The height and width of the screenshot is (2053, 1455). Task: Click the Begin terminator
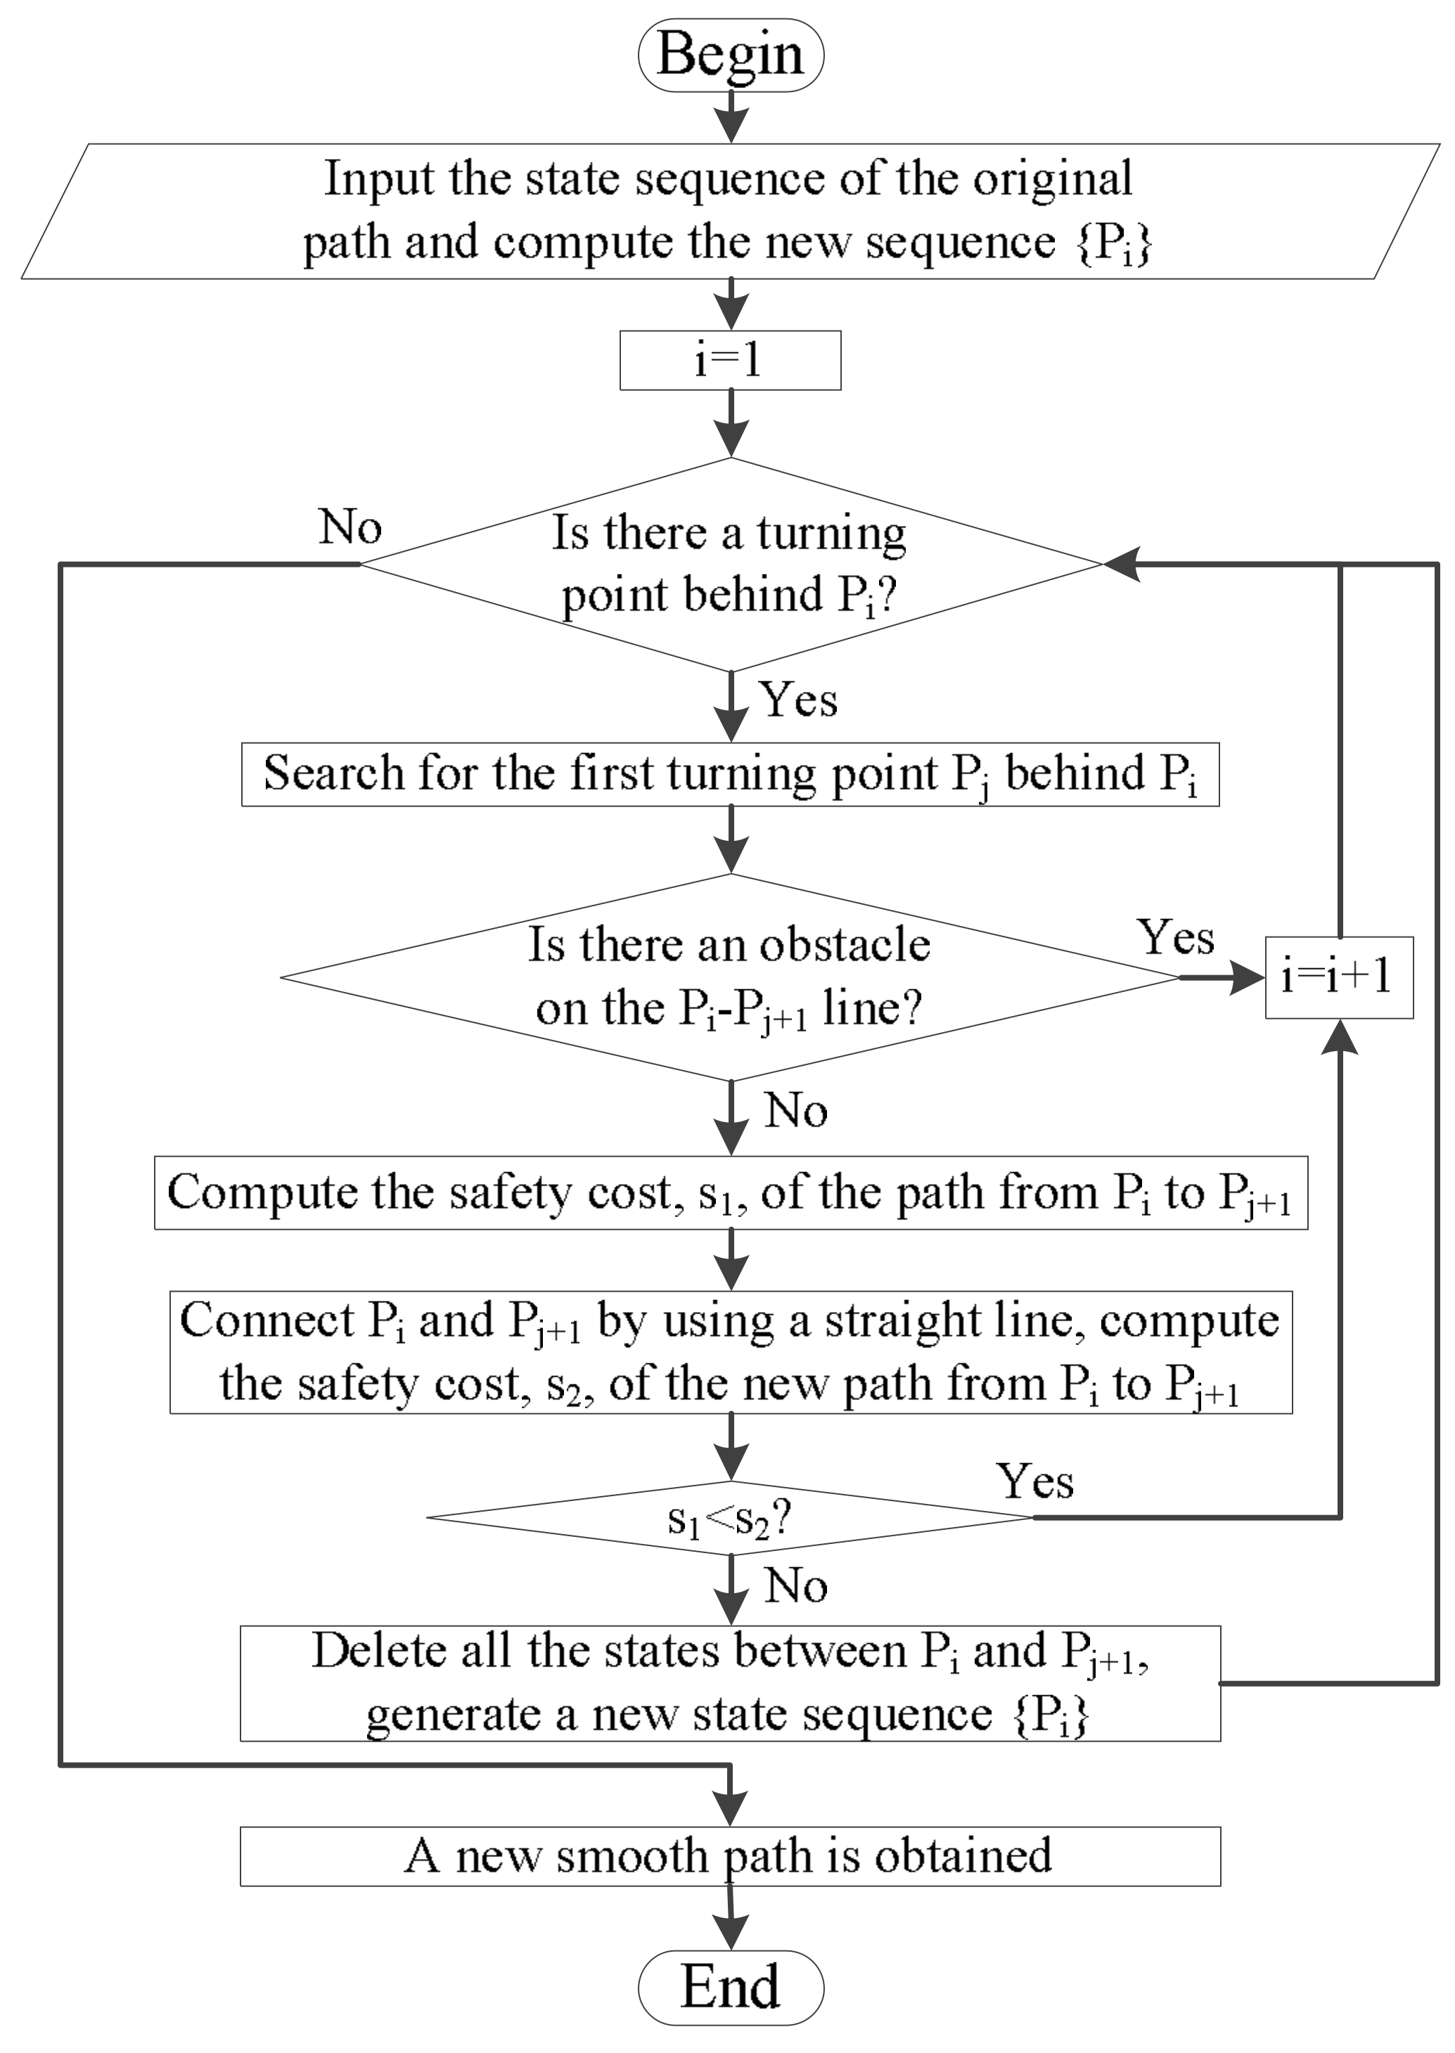coord(730,56)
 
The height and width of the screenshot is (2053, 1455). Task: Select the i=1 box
coord(730,360)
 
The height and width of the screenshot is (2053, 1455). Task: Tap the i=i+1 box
coord(1338,977)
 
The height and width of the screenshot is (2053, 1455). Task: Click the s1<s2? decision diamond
coord(730,1517)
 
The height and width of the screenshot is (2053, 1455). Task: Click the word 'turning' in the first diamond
coord(831,534)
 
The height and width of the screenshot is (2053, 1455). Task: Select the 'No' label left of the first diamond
coord(350,527)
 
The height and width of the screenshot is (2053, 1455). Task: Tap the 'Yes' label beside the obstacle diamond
coord(1176,938)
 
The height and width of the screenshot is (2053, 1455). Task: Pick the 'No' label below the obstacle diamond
coord(795,1111)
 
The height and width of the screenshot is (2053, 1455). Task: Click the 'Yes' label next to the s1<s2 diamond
coord(1034,1481)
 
